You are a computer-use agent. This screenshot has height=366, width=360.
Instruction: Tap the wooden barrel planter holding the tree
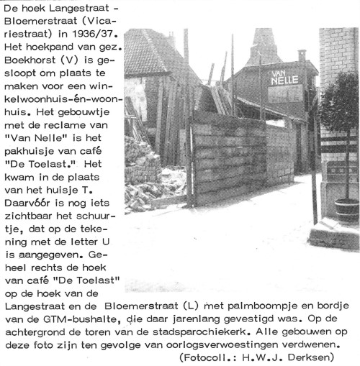tap(347, 211)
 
